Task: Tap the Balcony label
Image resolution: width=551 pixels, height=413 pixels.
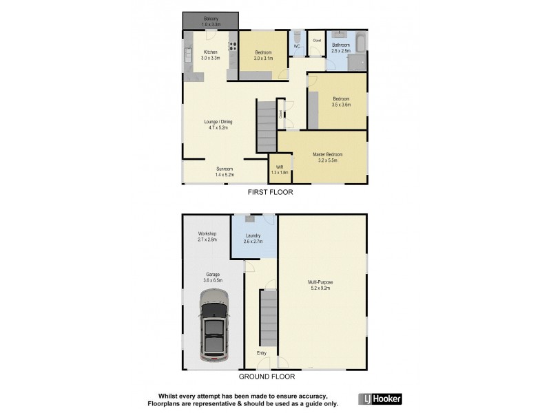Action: pos(211,21)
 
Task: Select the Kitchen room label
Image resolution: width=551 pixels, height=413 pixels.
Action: pos(210,56)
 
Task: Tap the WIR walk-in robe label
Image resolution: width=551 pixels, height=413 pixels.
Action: pos(280,169)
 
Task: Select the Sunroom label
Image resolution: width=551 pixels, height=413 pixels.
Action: pos(225,172)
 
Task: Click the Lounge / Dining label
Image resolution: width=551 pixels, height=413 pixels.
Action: pos(218,125)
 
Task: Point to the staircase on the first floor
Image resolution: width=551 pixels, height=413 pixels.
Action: pos(266,125)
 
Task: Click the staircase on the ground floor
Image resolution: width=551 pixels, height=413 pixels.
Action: pos(268,317)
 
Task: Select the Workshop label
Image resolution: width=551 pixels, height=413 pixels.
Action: pos(207,237)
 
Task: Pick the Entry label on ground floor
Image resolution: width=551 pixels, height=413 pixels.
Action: pos(262,354)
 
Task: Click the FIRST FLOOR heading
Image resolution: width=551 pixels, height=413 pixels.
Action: pos(271,193)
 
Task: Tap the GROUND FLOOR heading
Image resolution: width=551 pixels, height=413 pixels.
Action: pos(267,377)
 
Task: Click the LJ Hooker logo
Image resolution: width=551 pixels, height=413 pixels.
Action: pos(381,399)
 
